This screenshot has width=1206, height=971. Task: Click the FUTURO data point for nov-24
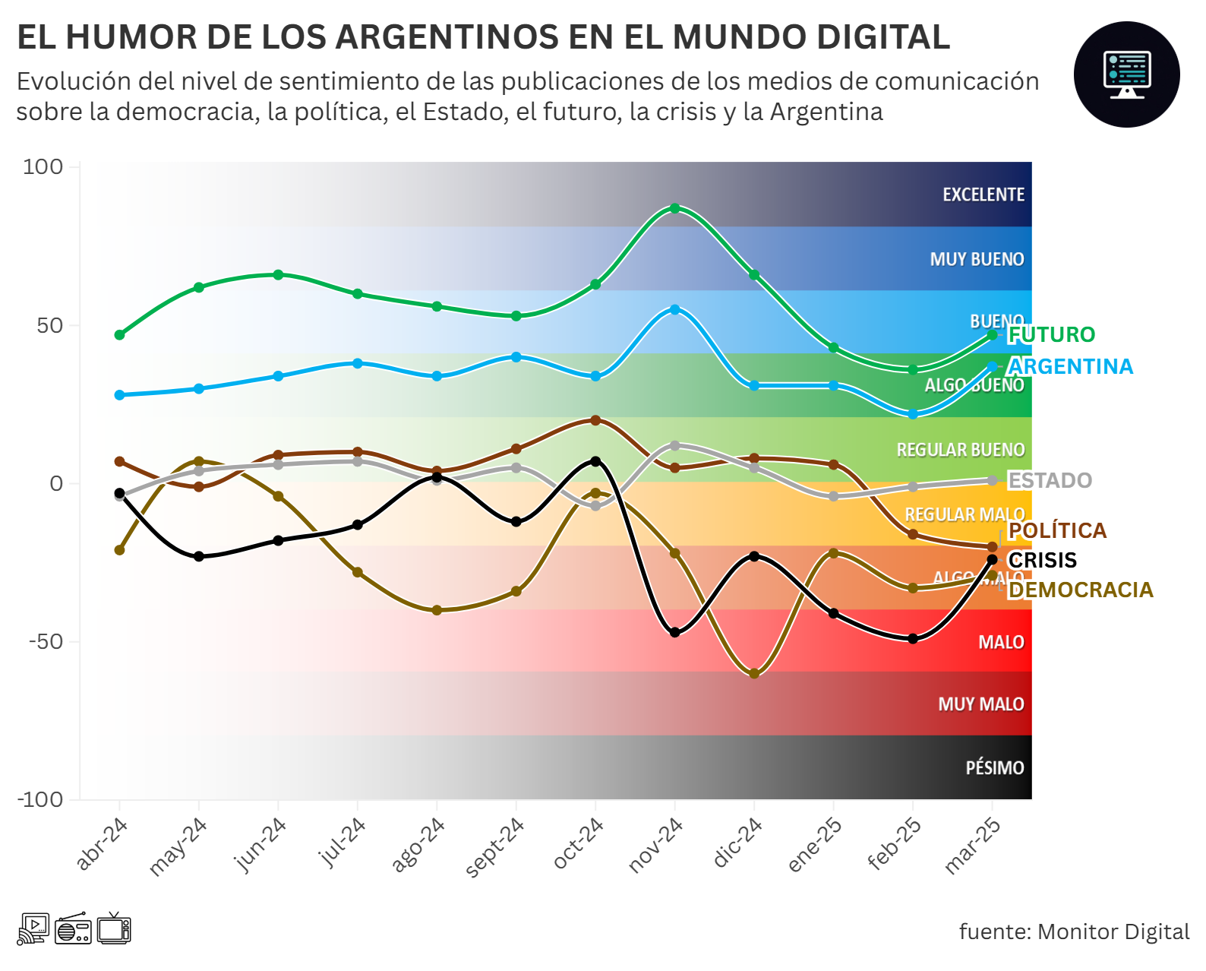tap(674, 208)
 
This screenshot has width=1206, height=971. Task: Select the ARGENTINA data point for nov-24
tap(674, 309)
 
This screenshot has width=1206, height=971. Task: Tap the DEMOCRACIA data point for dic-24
tap(754, 674)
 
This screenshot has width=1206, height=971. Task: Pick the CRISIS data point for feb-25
tap(913, 639)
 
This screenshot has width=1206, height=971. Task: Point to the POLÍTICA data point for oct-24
tap(595, 420)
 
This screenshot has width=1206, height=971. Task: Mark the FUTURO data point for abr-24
tap(119, 335)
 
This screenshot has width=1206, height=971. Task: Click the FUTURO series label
tap(1051, 334)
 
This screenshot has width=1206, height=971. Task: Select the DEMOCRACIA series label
tap(1080, 590)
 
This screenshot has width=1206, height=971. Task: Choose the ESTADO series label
tap(1050, 480)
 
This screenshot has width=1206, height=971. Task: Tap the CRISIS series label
tap(1042, 560)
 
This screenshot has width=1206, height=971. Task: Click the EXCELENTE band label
tap(983, 195)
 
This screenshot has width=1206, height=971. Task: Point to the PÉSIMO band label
tap(995, 768)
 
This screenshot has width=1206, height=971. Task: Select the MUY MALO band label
tap(981, 704)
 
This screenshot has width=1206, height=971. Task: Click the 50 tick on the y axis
tap(50, 326)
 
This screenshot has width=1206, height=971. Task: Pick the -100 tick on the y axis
tap(41, 799)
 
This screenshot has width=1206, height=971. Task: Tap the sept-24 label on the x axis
tap(494, 847)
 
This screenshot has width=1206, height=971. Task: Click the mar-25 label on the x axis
tap(972, 846)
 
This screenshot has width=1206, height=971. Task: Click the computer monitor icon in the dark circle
tap(1126, 74)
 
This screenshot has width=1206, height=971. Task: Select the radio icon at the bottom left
tap(73, 929)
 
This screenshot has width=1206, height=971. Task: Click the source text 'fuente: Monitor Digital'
tap(1074, 931)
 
